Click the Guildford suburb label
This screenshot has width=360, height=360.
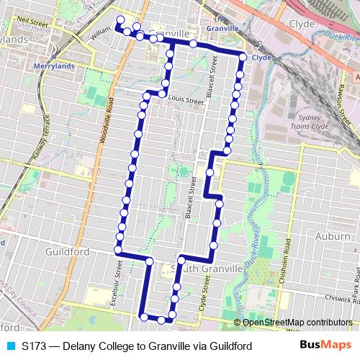(66, 252)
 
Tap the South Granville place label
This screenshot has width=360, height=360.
(210, 268)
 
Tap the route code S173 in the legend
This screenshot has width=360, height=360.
(34, 346)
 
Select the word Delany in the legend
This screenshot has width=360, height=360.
(80, 346)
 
